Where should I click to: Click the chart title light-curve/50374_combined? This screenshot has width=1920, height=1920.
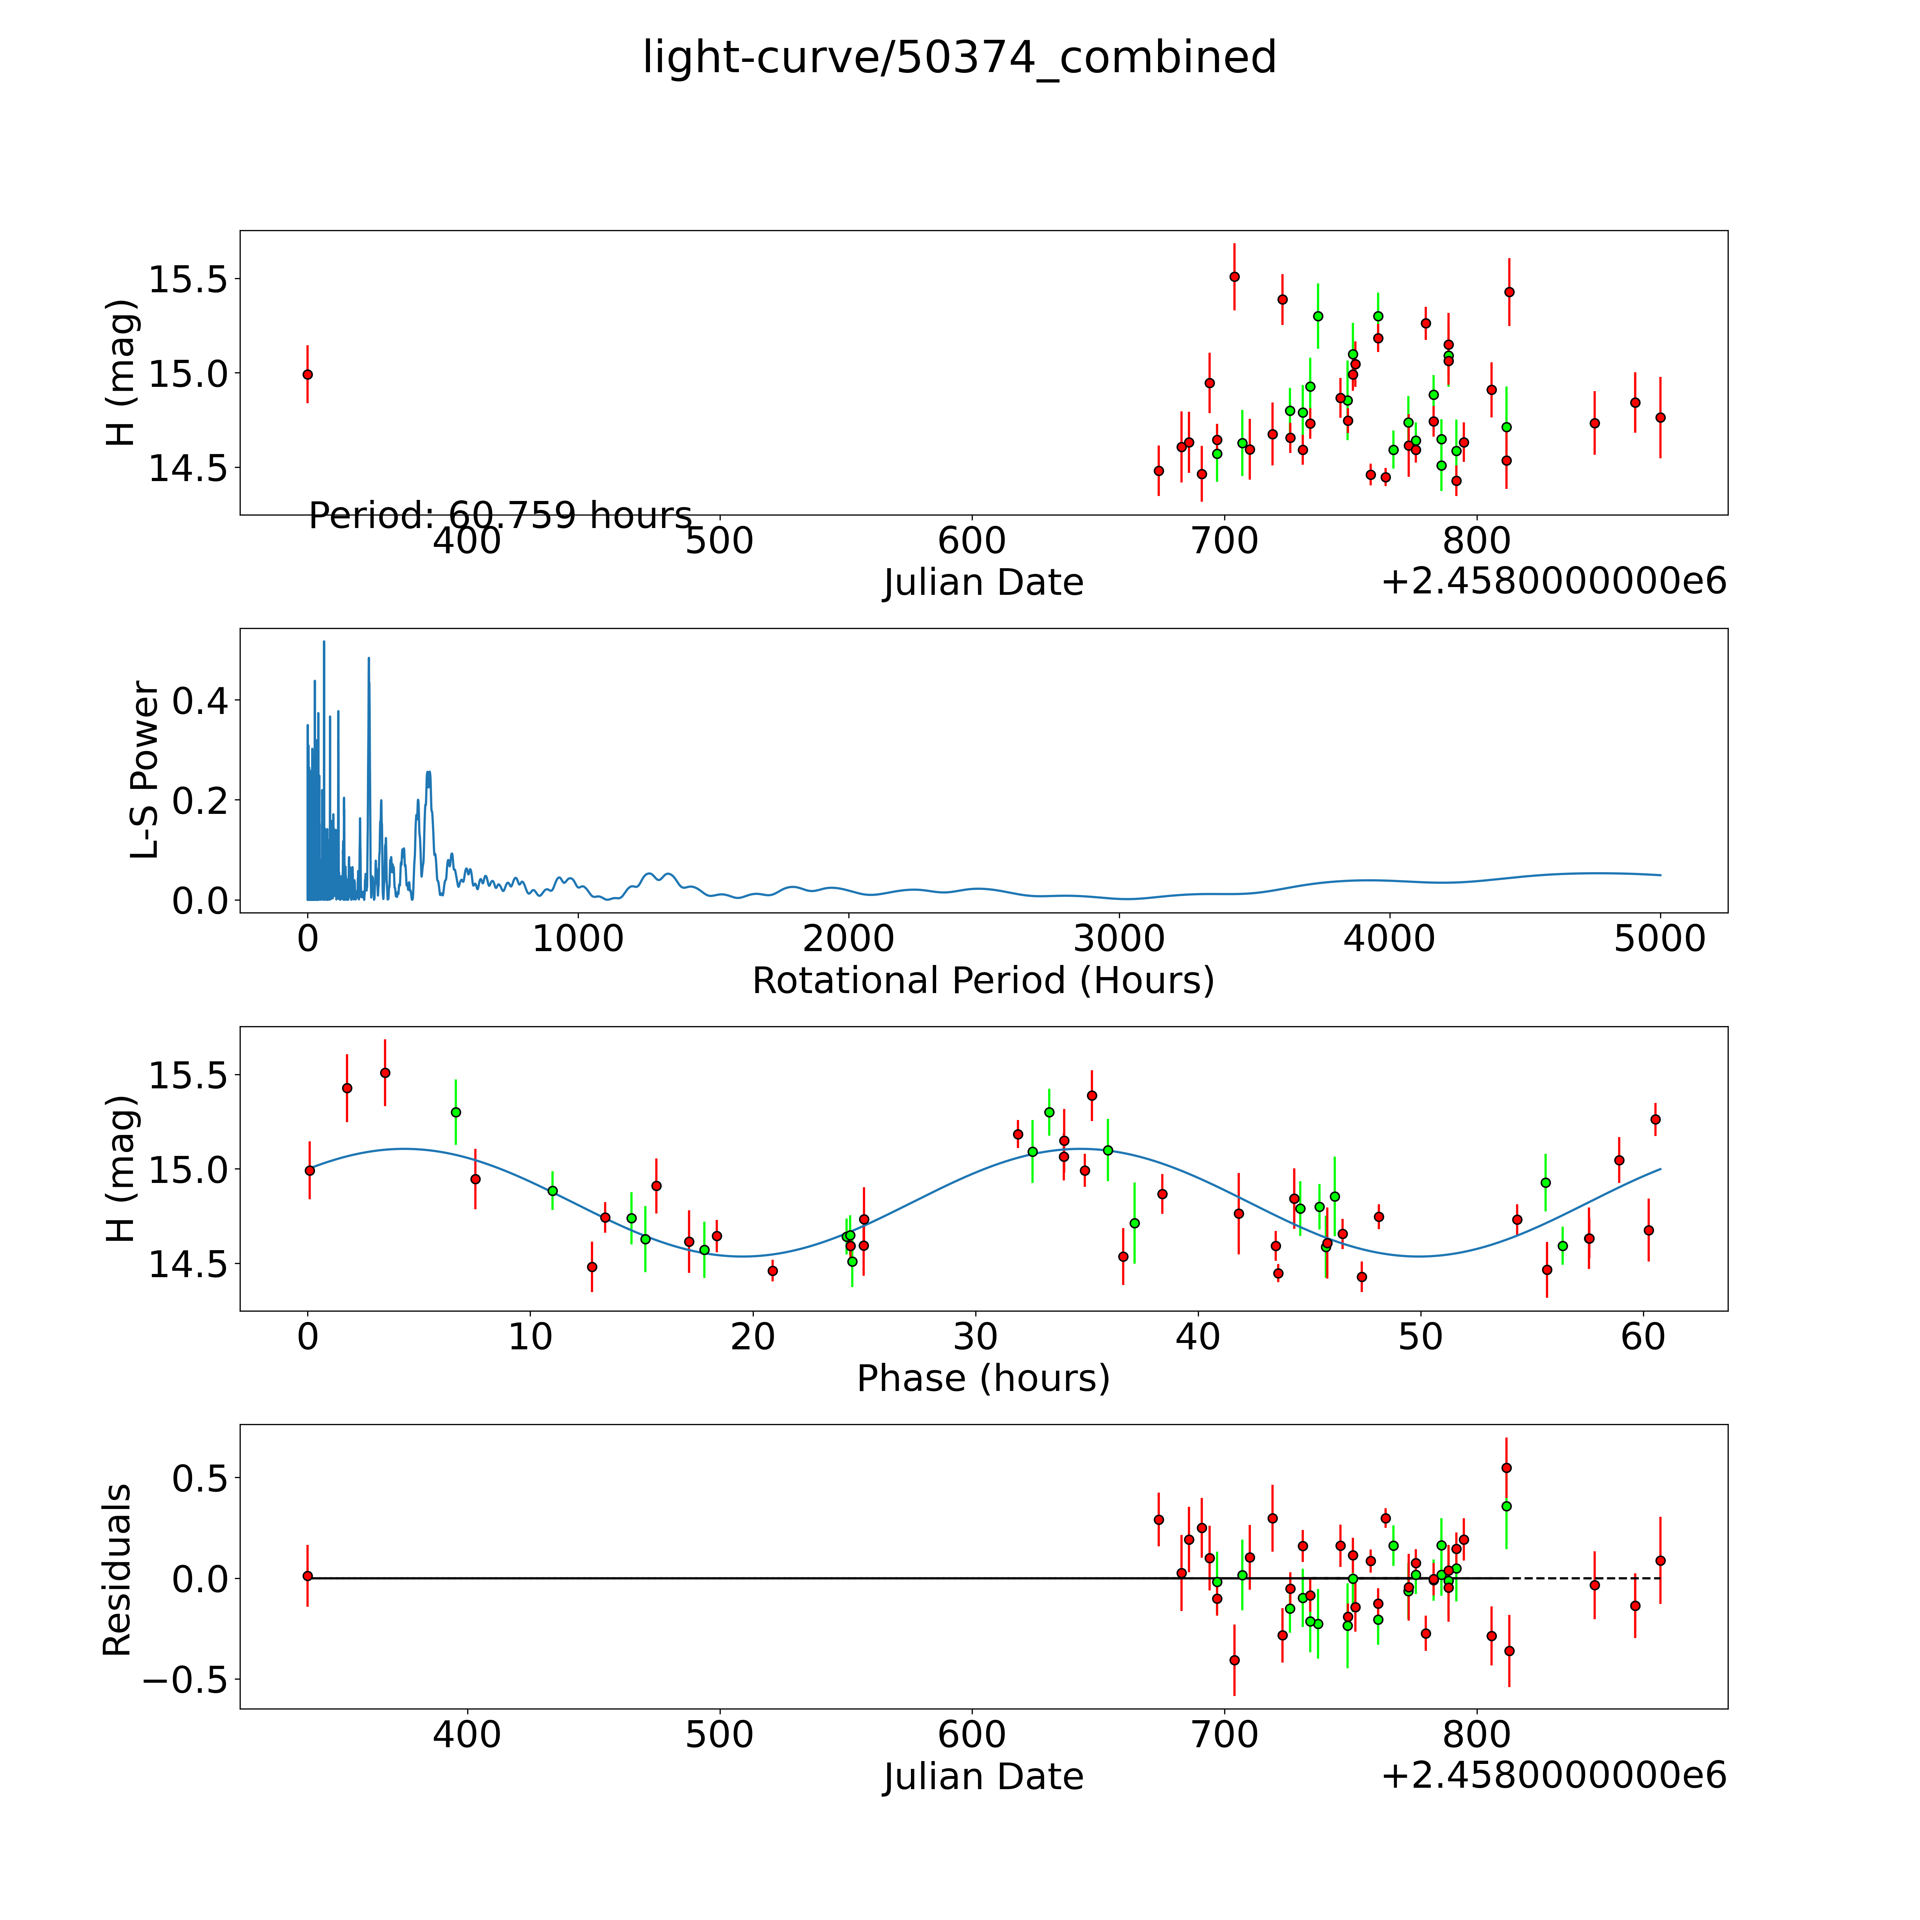tap(959, 58)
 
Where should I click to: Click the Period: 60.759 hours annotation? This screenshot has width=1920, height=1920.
tap(500, 516)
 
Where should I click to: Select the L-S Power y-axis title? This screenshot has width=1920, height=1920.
tap(145, 770)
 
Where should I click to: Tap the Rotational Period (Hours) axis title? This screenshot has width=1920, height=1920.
tap(983, 981)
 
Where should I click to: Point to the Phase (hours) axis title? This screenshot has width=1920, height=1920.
tap(983, 1378)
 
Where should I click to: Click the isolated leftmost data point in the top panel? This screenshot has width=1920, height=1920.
tap(308, 375)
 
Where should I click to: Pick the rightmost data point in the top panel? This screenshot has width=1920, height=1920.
tap(1660, 417)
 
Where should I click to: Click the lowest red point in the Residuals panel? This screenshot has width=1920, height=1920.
tap(1234, 1660)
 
